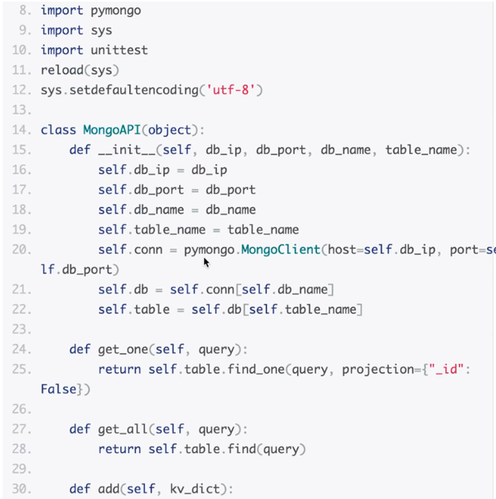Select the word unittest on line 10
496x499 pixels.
click(119, 50)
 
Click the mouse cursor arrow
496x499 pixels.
click(206, 262)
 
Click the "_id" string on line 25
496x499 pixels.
click(445, 370)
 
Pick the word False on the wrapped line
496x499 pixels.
click(58, 389)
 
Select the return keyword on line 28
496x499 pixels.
click(119, 449)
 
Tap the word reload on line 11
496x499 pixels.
click(61, 70)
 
